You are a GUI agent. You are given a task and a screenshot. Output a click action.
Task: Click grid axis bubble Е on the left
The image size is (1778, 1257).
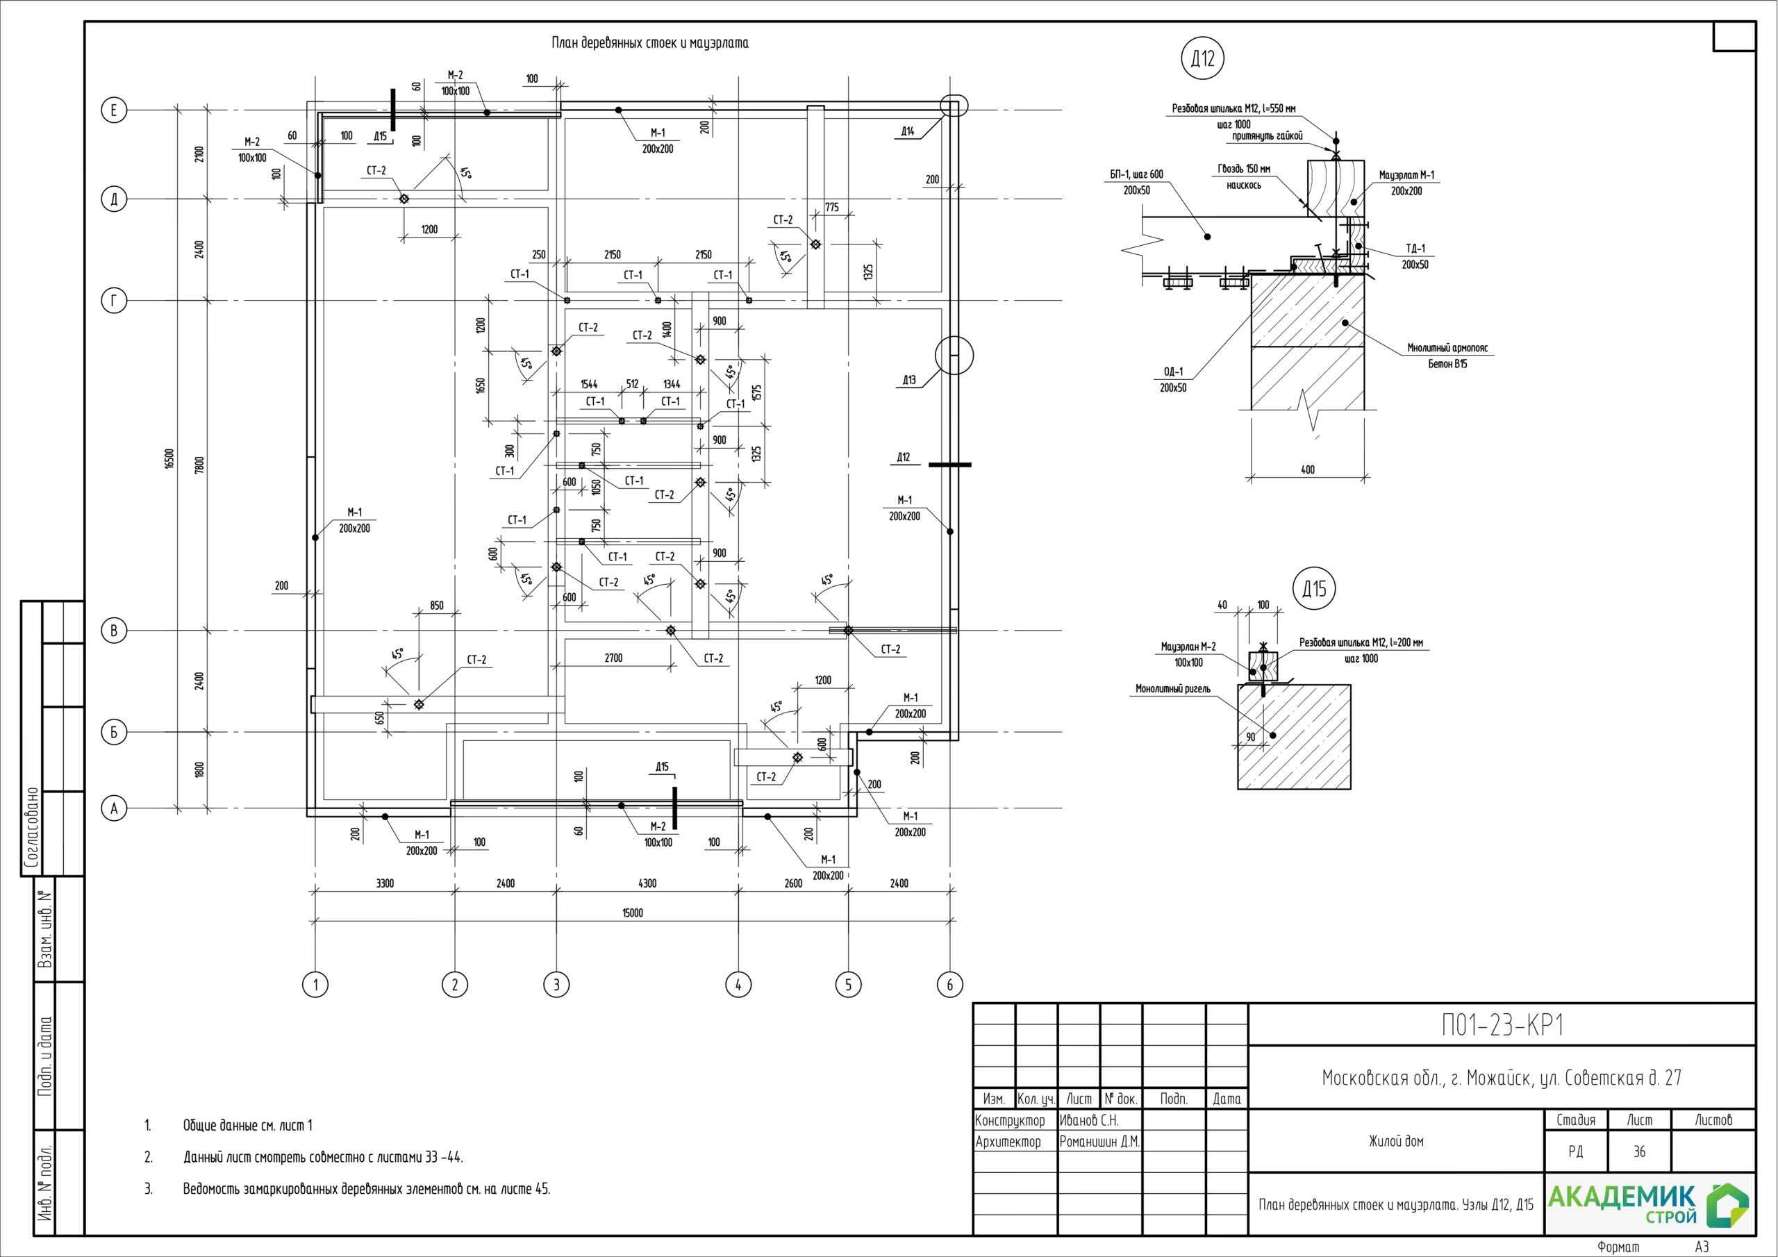114,110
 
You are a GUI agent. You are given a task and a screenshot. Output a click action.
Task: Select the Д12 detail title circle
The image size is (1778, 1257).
1203,58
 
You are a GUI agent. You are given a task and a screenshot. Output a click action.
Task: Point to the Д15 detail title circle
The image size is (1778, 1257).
1314,589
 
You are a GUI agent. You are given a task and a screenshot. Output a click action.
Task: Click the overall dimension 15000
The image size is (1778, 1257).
633,913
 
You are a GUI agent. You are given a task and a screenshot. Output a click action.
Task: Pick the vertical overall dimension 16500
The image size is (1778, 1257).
169,458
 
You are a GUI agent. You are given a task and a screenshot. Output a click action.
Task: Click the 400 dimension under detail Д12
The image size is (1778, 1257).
1307,469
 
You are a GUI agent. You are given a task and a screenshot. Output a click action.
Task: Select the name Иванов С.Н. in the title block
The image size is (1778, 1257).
1089,1121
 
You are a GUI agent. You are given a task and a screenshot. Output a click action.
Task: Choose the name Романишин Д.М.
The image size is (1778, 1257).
1099,1142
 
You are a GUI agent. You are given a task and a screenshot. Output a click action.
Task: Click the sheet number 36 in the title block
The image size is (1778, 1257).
1639,1151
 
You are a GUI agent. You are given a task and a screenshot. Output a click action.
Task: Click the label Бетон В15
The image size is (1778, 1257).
1447,363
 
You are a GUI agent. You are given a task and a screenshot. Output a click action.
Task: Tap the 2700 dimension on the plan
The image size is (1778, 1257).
613,658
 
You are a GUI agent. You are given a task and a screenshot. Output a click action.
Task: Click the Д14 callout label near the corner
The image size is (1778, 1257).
908,132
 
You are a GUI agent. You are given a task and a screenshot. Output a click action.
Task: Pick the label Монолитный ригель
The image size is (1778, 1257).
1172,688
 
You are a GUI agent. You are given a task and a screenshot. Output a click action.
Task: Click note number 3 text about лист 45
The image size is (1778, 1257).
366,1189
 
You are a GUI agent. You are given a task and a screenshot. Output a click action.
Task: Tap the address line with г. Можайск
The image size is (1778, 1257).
1502,1077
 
